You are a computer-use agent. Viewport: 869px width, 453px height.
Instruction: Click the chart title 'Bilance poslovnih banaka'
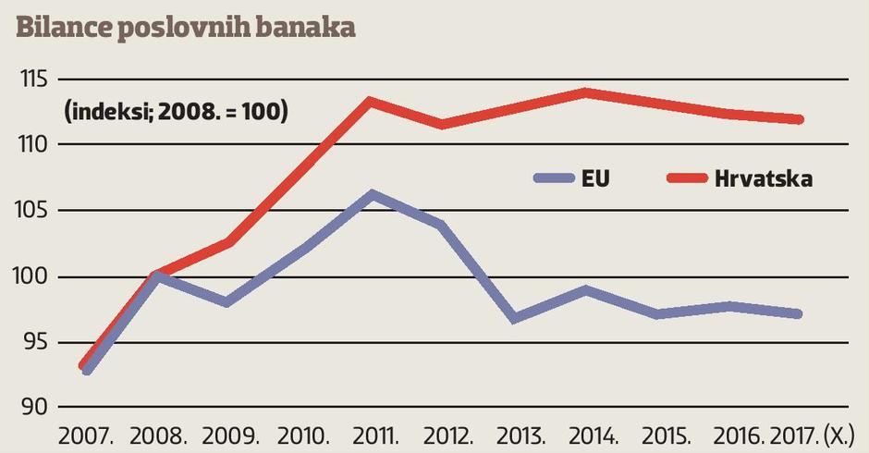186,26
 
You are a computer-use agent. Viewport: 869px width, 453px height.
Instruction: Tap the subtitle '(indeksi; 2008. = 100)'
176,113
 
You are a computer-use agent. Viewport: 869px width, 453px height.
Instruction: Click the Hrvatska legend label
764,178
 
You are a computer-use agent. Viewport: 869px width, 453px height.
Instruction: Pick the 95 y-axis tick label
33,342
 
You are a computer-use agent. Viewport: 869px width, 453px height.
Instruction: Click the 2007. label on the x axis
84,436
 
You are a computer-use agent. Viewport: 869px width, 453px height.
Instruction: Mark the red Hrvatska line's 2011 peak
369,100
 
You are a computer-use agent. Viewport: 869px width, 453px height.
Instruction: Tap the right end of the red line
799,119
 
